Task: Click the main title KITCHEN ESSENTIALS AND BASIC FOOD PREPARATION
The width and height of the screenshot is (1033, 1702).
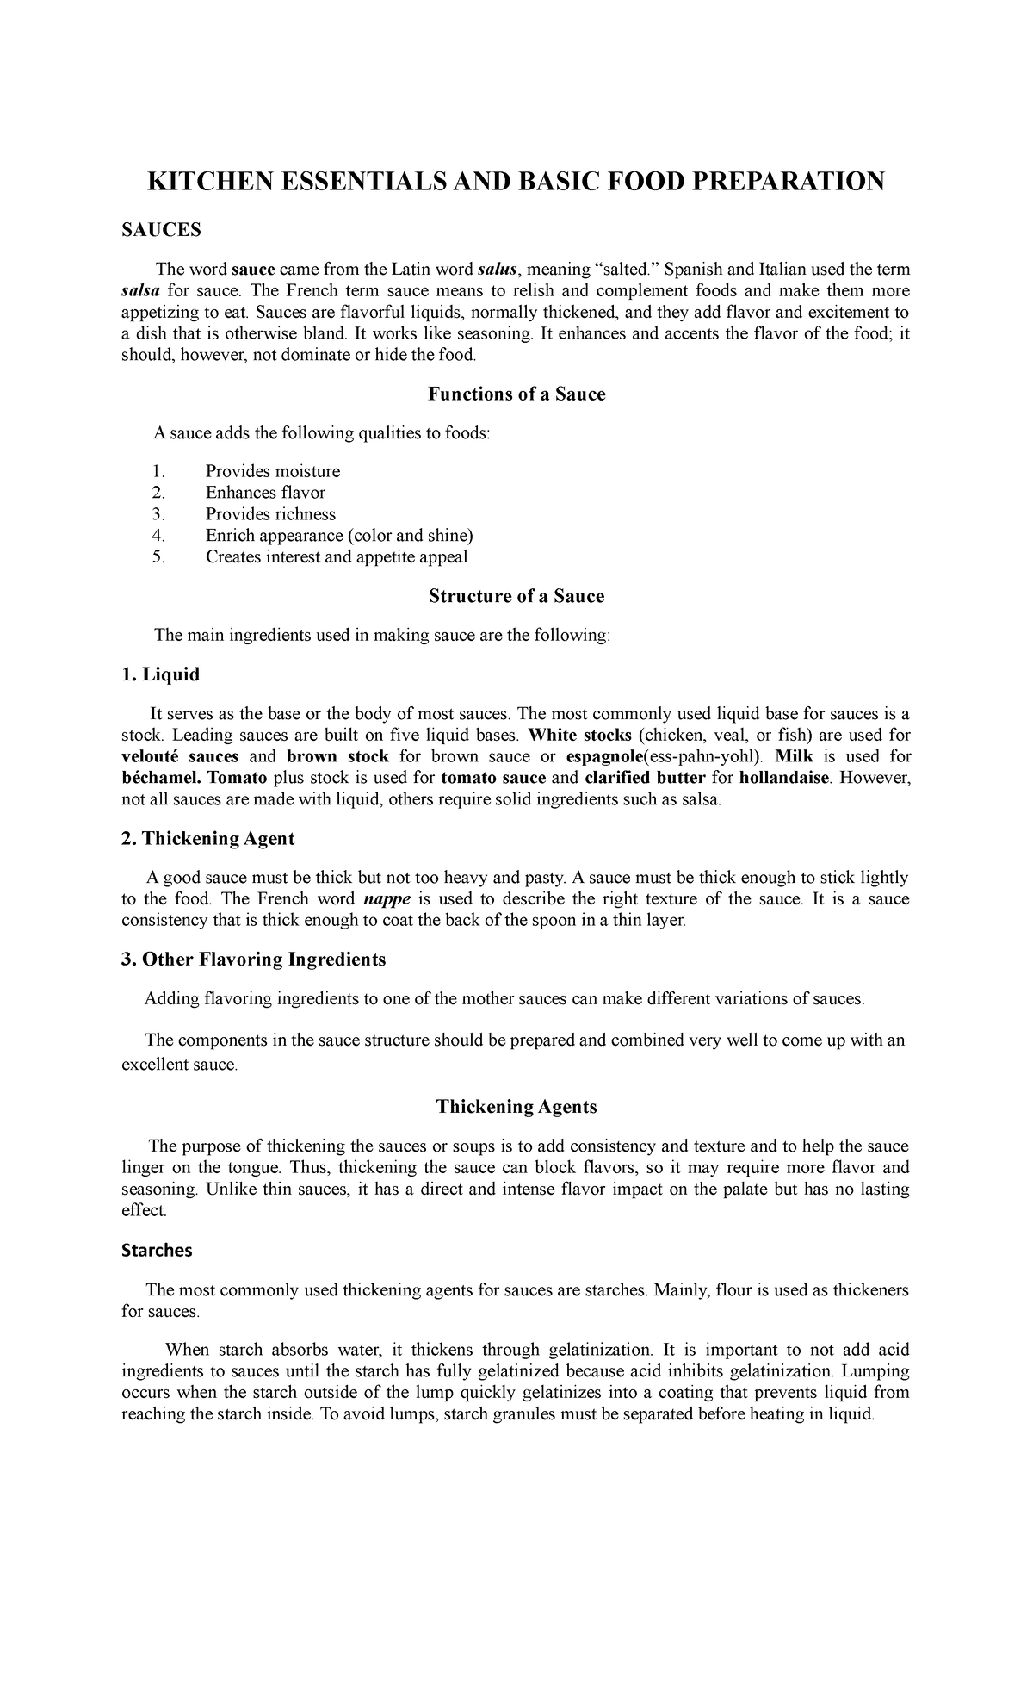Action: coord(516,182)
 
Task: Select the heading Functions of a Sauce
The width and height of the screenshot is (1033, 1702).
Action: coord(516,394)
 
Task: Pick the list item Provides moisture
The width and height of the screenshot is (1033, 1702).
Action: coord(273,471)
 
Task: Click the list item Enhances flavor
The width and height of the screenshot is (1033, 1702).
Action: coord(265,493)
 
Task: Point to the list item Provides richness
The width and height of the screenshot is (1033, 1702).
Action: coord(270,514)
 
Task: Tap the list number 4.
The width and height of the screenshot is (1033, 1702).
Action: coord(158,536)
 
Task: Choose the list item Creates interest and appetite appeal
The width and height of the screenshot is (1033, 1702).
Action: coord(337,556)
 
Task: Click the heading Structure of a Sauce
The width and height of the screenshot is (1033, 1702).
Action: coord(516,596)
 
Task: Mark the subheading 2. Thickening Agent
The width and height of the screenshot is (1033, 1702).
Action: coord(208,838)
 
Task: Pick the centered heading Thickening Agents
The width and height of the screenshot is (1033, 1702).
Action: coord(516,1107)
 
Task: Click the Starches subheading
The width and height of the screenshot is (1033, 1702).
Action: coord(157,1250)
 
